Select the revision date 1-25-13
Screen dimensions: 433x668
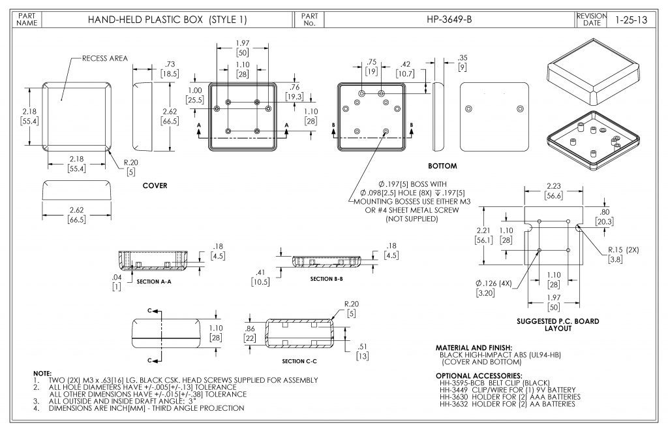(630, 20)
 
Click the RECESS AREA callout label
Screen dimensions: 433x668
(104, 59)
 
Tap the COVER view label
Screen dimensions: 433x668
(155, 185)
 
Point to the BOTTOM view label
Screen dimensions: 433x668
(442, 166)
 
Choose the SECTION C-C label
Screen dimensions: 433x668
(299, 361)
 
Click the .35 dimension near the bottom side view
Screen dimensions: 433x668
(463, 57)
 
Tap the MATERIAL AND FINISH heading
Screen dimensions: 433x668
(474, 347)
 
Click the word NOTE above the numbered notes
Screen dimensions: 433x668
(42, 372)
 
